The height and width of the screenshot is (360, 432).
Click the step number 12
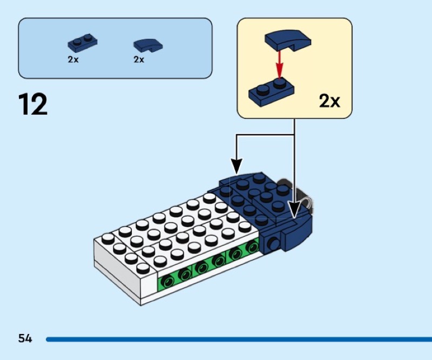(x=33, y=104)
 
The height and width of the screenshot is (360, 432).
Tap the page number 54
(x=25, y=339)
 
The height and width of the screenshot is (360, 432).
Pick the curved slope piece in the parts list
(x=147, y=45)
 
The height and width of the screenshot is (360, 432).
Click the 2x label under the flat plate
(x=73, y=60)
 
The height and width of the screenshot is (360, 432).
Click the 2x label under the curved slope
(x=139, y=60)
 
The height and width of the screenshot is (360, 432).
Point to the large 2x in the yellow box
(x=329, y=101)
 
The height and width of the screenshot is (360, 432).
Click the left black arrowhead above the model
(x=236, y=165)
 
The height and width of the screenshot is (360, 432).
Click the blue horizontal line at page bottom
(x=238, y=339)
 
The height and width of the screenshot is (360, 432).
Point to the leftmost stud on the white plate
(x=107, y=237)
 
